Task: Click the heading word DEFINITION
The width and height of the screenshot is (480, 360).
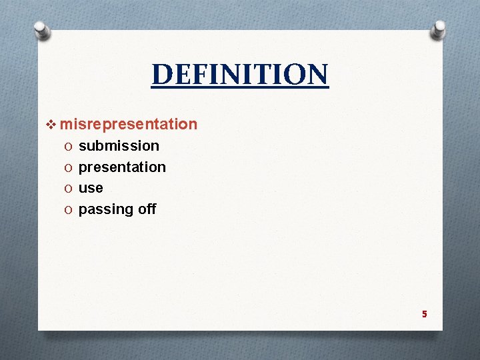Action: [240, 75]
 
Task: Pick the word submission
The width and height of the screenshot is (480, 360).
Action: [119, 145]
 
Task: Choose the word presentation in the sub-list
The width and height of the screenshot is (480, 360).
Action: [122, 167]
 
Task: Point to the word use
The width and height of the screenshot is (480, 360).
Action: [91, 188]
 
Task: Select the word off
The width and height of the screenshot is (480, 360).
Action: [147, 209]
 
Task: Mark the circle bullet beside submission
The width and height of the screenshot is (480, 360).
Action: [69, 146]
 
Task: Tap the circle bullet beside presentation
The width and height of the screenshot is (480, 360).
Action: [69, 167]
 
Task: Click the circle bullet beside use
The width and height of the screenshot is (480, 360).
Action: [69, 189]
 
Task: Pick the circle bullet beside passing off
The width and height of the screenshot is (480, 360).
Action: [69, 210]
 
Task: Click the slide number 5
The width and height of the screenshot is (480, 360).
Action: [424, 313]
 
